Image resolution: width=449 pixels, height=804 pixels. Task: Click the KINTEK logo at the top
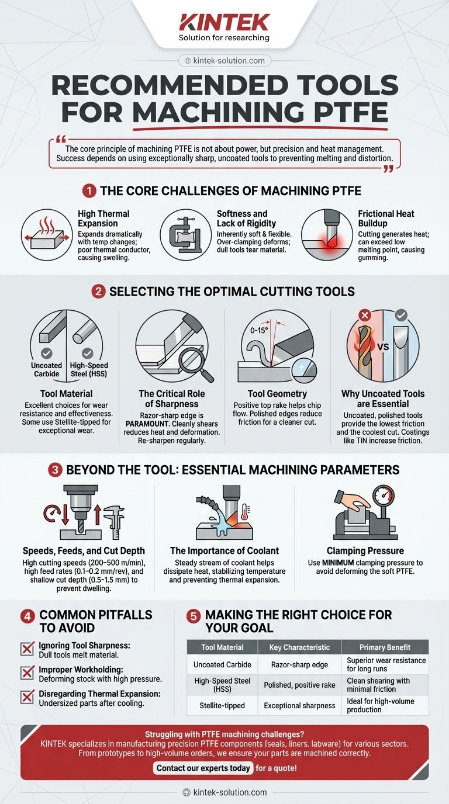click(224, 22)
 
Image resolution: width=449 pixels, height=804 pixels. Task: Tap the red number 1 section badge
click(89, 191)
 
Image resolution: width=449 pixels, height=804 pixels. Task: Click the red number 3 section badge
click(55, 470)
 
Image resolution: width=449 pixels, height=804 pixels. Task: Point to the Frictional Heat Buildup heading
click(386, 218)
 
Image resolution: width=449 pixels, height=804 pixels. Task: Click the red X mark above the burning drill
click(365, 316)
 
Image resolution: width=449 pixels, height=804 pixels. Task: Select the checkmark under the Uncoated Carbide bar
click(46, 354)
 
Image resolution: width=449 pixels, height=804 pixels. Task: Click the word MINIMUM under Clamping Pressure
click(338, 563)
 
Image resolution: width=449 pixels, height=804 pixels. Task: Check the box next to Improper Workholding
click(27, 673)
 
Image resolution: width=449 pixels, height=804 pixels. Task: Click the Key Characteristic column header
click(299, 647)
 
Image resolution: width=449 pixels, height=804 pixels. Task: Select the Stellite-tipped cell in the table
click(222, 705)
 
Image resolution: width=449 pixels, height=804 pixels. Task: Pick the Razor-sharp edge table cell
click(299, 665)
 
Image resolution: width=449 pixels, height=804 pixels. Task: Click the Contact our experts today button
click(203, 768)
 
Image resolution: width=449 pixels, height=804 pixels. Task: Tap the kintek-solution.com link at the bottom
click(225, 792)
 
